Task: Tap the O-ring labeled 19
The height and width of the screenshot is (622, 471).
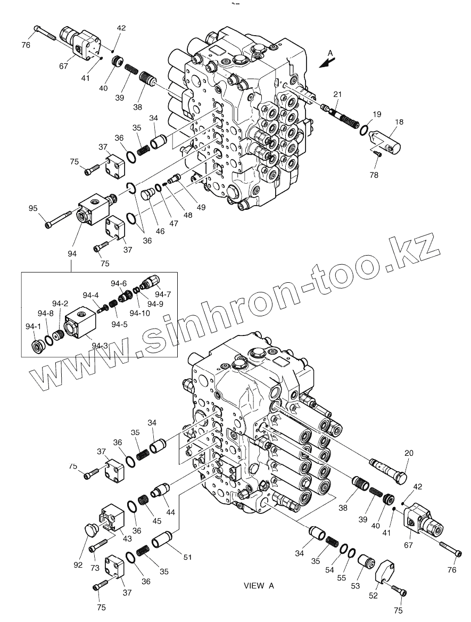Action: coord(363,129)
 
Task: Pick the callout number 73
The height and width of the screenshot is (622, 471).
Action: coord(95,568)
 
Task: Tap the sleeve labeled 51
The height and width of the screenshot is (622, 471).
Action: coord(163,538)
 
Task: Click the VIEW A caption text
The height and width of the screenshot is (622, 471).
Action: coord(259,586)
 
